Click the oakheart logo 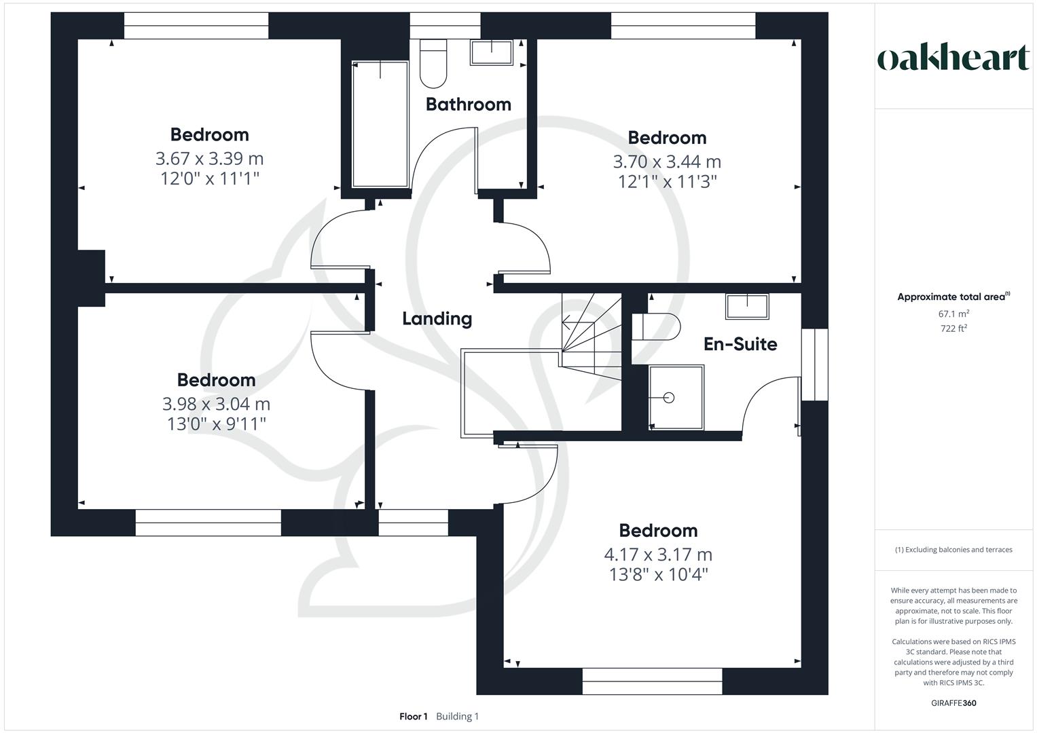953,58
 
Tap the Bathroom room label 468,105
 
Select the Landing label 437,319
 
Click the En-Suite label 740,344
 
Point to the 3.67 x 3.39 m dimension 209,159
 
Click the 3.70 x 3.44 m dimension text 667,162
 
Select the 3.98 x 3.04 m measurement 216,405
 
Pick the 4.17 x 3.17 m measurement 658,555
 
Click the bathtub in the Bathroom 380,124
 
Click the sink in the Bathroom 491,52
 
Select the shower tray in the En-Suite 676,398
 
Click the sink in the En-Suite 747,306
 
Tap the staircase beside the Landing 591,333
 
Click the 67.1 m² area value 953,314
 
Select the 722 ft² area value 953,328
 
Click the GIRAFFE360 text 953,703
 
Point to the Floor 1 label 413,717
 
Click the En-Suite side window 814,364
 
